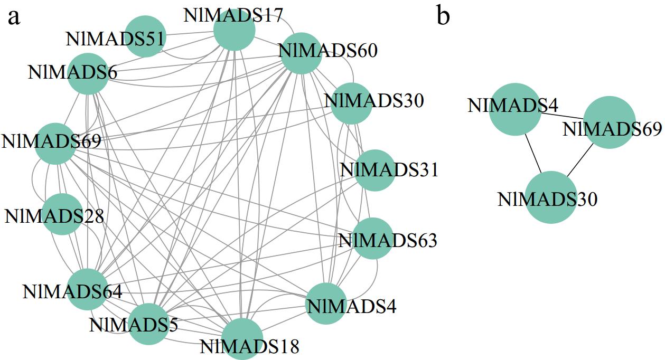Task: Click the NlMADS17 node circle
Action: pyautogui.click(x=234, y=30)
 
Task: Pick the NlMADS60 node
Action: pyautogui.click(x=301, y=53)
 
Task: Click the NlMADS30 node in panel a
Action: pyautogui.click(x=351, y=103)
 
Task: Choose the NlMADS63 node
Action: pyautogui.click(x=372, y=239)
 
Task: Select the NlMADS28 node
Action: pyautogui.click(x=62, y=214)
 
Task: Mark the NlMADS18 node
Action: pyautogui.click(x=242, y=339)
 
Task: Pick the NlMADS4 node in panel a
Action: pyautogui.click(x=326, y=303)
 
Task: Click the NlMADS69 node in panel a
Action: pyautogui.click(x=55, y=143)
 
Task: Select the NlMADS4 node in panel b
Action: pyautogui.click(x=516, y=109)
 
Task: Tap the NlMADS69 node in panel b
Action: pyautogui.click(x=609, y=122)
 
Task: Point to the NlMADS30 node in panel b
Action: pyautogui.click(x=551, y=197)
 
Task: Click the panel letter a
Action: pyautogui.click(x=14, y=17)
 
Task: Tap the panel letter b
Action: pyautogui.click(x=443, y=16)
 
